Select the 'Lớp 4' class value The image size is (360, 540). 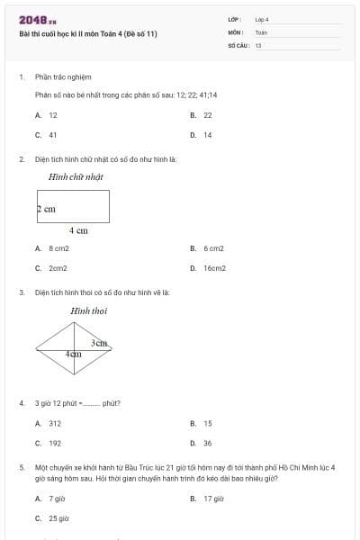click(262, 19)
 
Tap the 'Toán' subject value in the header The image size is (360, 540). click(261, 32)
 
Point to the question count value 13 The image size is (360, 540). click(258, 45)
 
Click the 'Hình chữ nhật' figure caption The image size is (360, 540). click(76, 177)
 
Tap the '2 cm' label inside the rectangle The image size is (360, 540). click(47, 209)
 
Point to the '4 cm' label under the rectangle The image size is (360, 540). click(78, 231)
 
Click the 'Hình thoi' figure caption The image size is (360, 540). click(88, 311)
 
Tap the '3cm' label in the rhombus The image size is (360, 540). click(99, 343)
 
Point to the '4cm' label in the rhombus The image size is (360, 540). click(74, 355)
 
